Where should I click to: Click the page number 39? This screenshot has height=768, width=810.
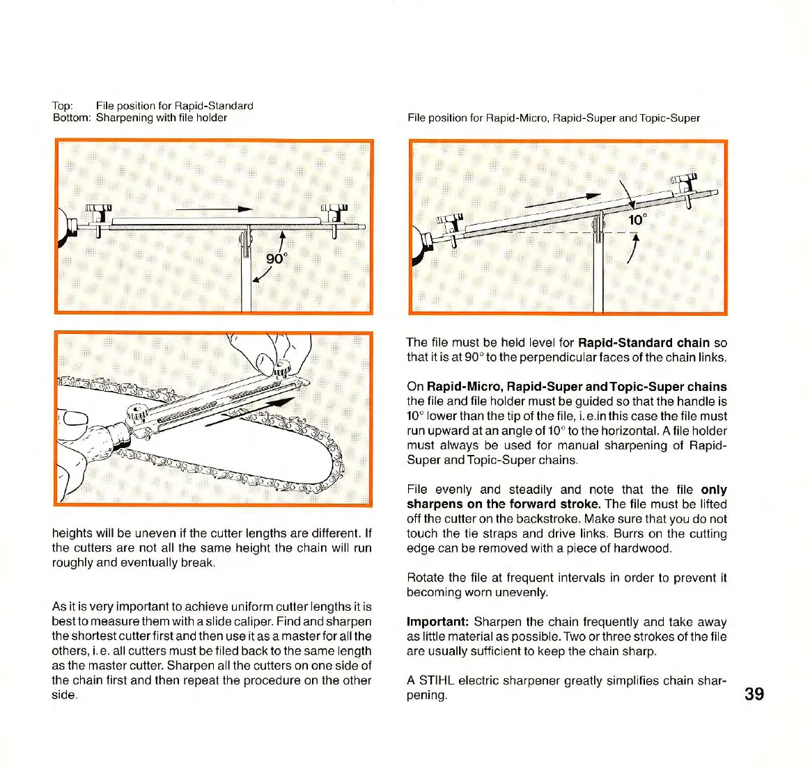(x=754, y=694)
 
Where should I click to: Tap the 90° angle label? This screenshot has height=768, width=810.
(x=277, y=259)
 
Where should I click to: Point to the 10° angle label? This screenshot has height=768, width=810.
(x=637, y=220)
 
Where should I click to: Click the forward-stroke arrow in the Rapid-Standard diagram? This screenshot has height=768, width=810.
(x=213, y=209)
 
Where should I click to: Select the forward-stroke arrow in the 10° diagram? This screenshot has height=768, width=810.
(x=563, y=200)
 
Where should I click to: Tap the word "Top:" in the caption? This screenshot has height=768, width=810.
(x=63, y=106)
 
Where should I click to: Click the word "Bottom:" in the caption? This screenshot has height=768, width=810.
(x=71, y=118)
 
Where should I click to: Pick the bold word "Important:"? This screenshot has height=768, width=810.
(x=437, y=622)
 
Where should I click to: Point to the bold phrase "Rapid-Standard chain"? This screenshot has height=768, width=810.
(x=644, y=342)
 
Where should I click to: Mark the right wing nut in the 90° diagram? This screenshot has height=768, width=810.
(x=334, y=211)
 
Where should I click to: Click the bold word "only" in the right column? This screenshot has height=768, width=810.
(x=714, y=489)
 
